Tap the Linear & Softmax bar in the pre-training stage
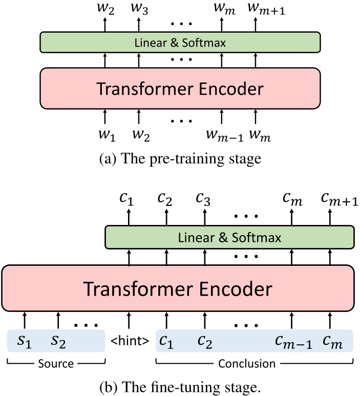(180, 43)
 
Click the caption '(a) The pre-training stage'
(179, 158)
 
